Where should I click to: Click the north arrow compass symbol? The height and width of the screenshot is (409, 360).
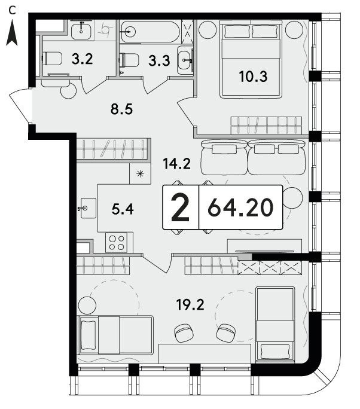12,33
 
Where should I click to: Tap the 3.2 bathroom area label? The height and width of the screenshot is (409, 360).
82,59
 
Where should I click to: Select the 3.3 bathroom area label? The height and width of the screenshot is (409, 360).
159,60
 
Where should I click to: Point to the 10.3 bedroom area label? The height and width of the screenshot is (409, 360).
253,77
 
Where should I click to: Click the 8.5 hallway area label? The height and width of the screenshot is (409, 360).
121,109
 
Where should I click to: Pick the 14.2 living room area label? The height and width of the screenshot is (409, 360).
176,164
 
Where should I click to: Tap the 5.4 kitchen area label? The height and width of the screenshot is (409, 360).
123,209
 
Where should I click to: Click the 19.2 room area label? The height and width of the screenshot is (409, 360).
190,304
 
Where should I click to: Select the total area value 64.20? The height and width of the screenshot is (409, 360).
240,208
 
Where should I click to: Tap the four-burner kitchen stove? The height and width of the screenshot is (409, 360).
117,243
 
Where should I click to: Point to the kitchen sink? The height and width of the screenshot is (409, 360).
88,208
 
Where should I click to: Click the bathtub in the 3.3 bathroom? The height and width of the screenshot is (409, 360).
150,32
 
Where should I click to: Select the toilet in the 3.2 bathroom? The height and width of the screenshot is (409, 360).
53,59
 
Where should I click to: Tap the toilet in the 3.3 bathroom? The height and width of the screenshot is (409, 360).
129,60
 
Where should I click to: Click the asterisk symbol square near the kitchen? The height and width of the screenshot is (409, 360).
140,174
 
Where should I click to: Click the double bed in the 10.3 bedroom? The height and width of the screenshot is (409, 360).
251,59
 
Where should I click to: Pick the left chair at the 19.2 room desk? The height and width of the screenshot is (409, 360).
184,333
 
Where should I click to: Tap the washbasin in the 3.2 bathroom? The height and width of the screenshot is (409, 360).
82,30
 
